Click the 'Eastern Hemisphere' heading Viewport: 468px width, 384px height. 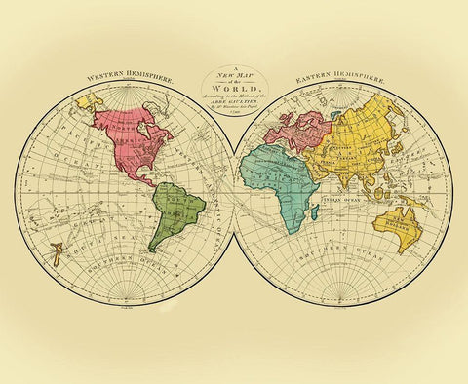334,75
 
